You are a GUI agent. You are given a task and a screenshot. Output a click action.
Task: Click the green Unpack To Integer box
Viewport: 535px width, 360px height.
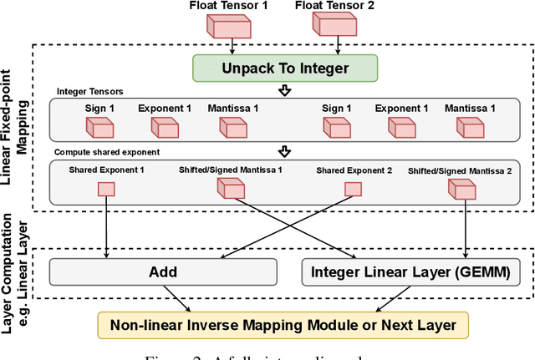click(x=283, y=68)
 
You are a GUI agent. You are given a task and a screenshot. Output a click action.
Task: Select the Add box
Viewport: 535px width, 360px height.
click(x=162, y=271)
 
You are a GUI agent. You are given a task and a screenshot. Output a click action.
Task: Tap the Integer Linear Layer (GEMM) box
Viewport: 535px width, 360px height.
click(x=415, y=271)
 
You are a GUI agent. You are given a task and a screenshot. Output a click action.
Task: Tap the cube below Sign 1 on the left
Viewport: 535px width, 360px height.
click(x=99, y=127)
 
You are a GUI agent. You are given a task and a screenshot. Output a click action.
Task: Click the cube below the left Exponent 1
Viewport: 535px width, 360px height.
click(x=165, y=127)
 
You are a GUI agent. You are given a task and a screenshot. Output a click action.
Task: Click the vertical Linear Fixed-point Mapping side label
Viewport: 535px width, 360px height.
click(x=18, y=134)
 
